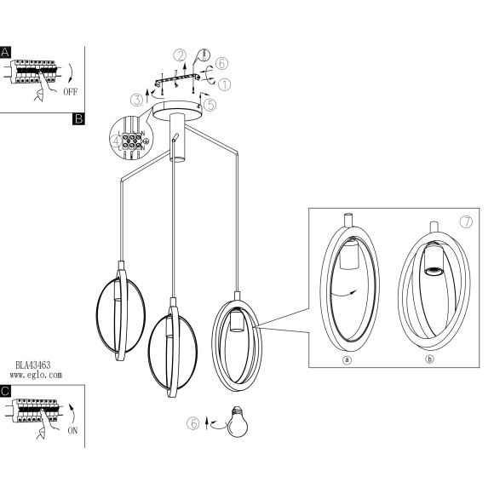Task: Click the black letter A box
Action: (5, 52)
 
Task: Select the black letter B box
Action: (78, 118)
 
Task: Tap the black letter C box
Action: (5, 391)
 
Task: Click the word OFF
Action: (70, 92)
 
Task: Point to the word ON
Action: (72, 430)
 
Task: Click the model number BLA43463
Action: (33, 365)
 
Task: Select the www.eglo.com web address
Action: (36, 375)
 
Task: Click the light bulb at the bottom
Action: (238, 422)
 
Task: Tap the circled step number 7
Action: (466, 221)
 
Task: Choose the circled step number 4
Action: (116, 141)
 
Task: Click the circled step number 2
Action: (180, 55)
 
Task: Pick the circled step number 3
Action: (137, 100)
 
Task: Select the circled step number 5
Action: (210, 105)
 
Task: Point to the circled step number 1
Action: (224, 84)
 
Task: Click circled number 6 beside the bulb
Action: (193, 423)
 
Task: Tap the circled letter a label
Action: (347, 359)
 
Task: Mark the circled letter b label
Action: (429, 359)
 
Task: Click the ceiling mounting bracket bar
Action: (177, 79)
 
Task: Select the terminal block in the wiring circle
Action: (132, 141)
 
